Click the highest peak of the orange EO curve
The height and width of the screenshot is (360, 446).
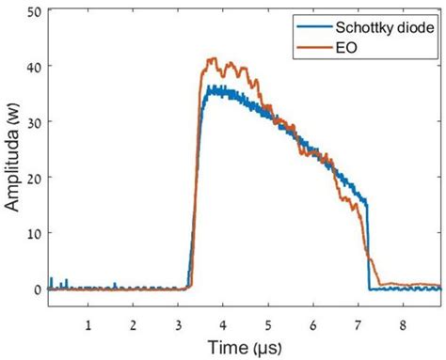coord(214,59)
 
